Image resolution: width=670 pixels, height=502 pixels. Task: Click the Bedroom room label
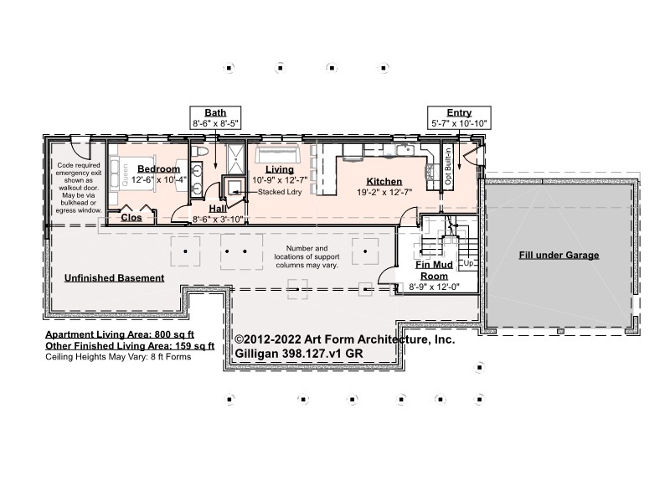click(158, 169)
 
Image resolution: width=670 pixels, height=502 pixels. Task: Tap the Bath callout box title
click(215, 112)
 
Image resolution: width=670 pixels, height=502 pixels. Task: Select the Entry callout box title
click(459, 112)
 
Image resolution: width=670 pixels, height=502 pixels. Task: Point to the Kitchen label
click(384, 181)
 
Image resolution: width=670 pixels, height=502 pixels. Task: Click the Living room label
click(280, 169)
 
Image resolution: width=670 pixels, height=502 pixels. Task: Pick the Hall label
click(218, 209)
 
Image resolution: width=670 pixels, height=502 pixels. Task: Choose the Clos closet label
click(131, 217)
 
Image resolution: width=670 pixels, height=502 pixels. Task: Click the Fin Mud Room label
click(434, 270)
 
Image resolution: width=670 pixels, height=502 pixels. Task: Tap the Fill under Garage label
click(559, 256)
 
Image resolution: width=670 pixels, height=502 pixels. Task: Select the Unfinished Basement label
click(114, 278)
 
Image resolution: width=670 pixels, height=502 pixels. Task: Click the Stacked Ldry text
click(280, 192)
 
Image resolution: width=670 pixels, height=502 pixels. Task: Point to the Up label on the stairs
click(468, 263)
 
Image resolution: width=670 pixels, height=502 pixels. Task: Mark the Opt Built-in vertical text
click(448, 166)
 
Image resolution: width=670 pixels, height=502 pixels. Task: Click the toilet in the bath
click(199, 152)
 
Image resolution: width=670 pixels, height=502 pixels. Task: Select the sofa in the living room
click(277, 155)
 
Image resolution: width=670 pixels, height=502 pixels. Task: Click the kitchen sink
click(404, 150)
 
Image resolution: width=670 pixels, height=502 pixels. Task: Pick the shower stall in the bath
click(236, 159)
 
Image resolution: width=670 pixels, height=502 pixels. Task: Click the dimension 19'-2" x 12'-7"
click(384, 193)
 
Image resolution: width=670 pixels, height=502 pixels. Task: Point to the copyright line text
click(344, 339)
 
